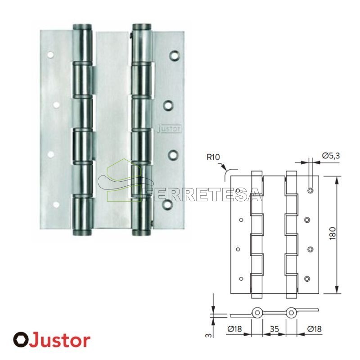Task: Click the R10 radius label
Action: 213,157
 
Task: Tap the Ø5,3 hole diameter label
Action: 331,156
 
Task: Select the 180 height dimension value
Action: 333,234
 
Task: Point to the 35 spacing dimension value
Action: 274,329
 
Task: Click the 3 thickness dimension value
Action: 208,335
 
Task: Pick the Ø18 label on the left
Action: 234,329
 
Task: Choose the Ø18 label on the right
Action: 314,329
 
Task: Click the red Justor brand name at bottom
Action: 60,341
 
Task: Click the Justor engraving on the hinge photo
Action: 170,129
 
